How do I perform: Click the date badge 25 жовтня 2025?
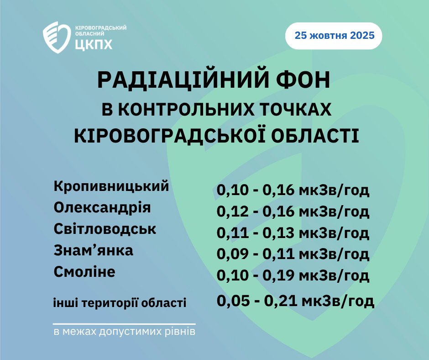334,36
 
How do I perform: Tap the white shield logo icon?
57,37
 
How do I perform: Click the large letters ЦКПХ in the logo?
94,44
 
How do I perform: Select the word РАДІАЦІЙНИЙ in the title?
183,80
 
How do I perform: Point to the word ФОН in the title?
303,80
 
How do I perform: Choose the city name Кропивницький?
111,186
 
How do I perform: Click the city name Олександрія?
102,208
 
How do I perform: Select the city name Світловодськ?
105,229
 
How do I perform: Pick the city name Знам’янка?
93,250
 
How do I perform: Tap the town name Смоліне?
84,272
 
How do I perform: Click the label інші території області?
120,303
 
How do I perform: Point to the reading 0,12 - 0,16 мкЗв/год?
293,212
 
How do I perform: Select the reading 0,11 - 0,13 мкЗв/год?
293,233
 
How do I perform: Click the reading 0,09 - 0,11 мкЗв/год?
293,254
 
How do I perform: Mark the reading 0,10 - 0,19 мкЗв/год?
293,275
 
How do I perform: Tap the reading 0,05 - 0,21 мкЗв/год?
295,301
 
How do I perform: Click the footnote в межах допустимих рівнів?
125,332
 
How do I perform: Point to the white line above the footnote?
124,324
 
